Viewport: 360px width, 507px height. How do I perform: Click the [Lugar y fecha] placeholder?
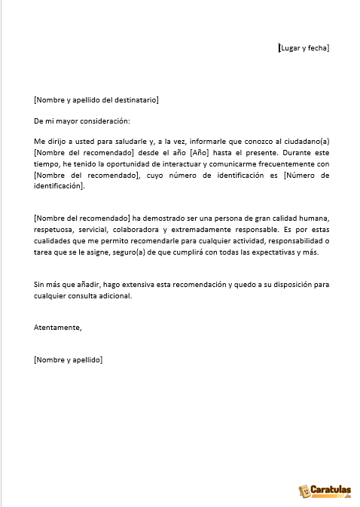(x=304, y=48)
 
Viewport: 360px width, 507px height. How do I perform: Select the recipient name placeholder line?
(x=96, y=99)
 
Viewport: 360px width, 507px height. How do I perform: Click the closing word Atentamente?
(x=58, y=327)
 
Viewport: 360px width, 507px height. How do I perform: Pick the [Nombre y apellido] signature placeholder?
(x=69, y=360)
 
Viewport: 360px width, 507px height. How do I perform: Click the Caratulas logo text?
(x=331, y=490)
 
